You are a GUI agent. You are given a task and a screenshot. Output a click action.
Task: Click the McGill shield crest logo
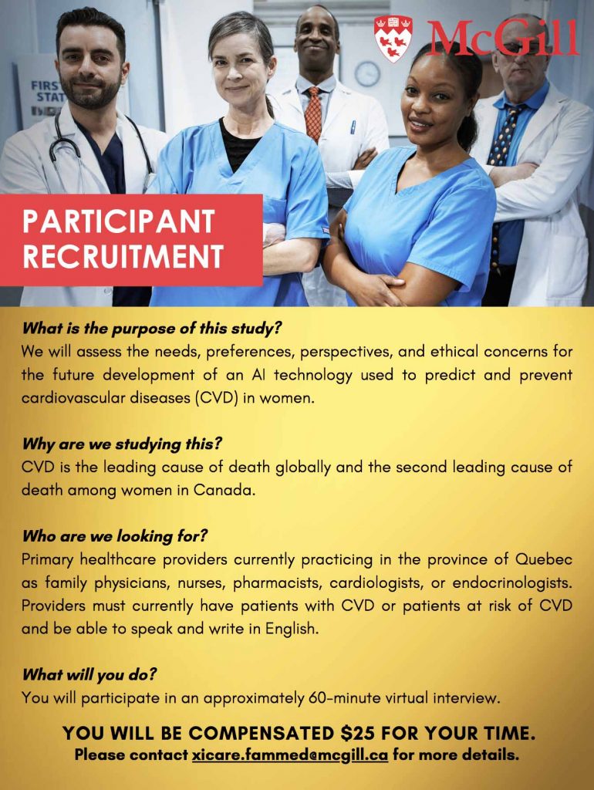click(x=393, y=38)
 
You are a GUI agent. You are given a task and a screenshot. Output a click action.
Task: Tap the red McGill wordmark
click(x=502, y=39)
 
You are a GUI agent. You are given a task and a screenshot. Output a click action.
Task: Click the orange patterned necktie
click(x=313, y=113)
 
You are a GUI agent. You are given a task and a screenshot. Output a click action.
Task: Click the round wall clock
click(x=367, y=73)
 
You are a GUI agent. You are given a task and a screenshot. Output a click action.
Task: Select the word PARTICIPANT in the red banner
click(x=119, y=221)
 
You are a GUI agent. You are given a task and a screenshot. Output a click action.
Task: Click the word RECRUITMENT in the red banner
click(x=123, y=256)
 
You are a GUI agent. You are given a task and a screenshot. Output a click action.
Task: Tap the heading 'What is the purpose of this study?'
click(x=151, y=329)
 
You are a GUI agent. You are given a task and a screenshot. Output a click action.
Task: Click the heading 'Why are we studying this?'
click(x=121, y=444)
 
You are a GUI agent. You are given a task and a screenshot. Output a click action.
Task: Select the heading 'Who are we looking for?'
click(x=114, y=536)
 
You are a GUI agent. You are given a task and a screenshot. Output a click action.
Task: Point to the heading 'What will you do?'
click(x=89, y=674)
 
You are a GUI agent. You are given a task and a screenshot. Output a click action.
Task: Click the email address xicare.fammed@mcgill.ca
click(x=290, y=755)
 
